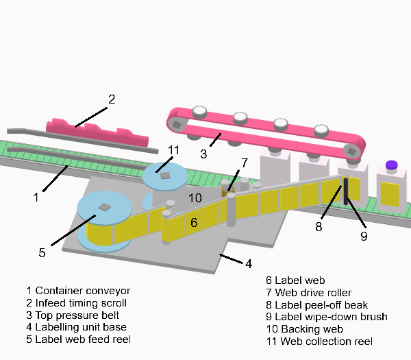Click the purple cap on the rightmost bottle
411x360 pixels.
(391, 165)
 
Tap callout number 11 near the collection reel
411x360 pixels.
(173, 150)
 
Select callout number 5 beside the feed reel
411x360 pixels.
(42, 252)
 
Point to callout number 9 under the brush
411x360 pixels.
(364, 236)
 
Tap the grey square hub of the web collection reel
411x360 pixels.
(164, 175)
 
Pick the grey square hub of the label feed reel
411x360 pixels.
(104, 207)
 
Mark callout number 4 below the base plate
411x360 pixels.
(249, 263)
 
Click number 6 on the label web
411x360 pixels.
(194, 222)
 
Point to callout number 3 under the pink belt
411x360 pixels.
(203, 154)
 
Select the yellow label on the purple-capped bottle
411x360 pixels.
(390, 193)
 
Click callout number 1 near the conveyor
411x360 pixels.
(35, 197)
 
